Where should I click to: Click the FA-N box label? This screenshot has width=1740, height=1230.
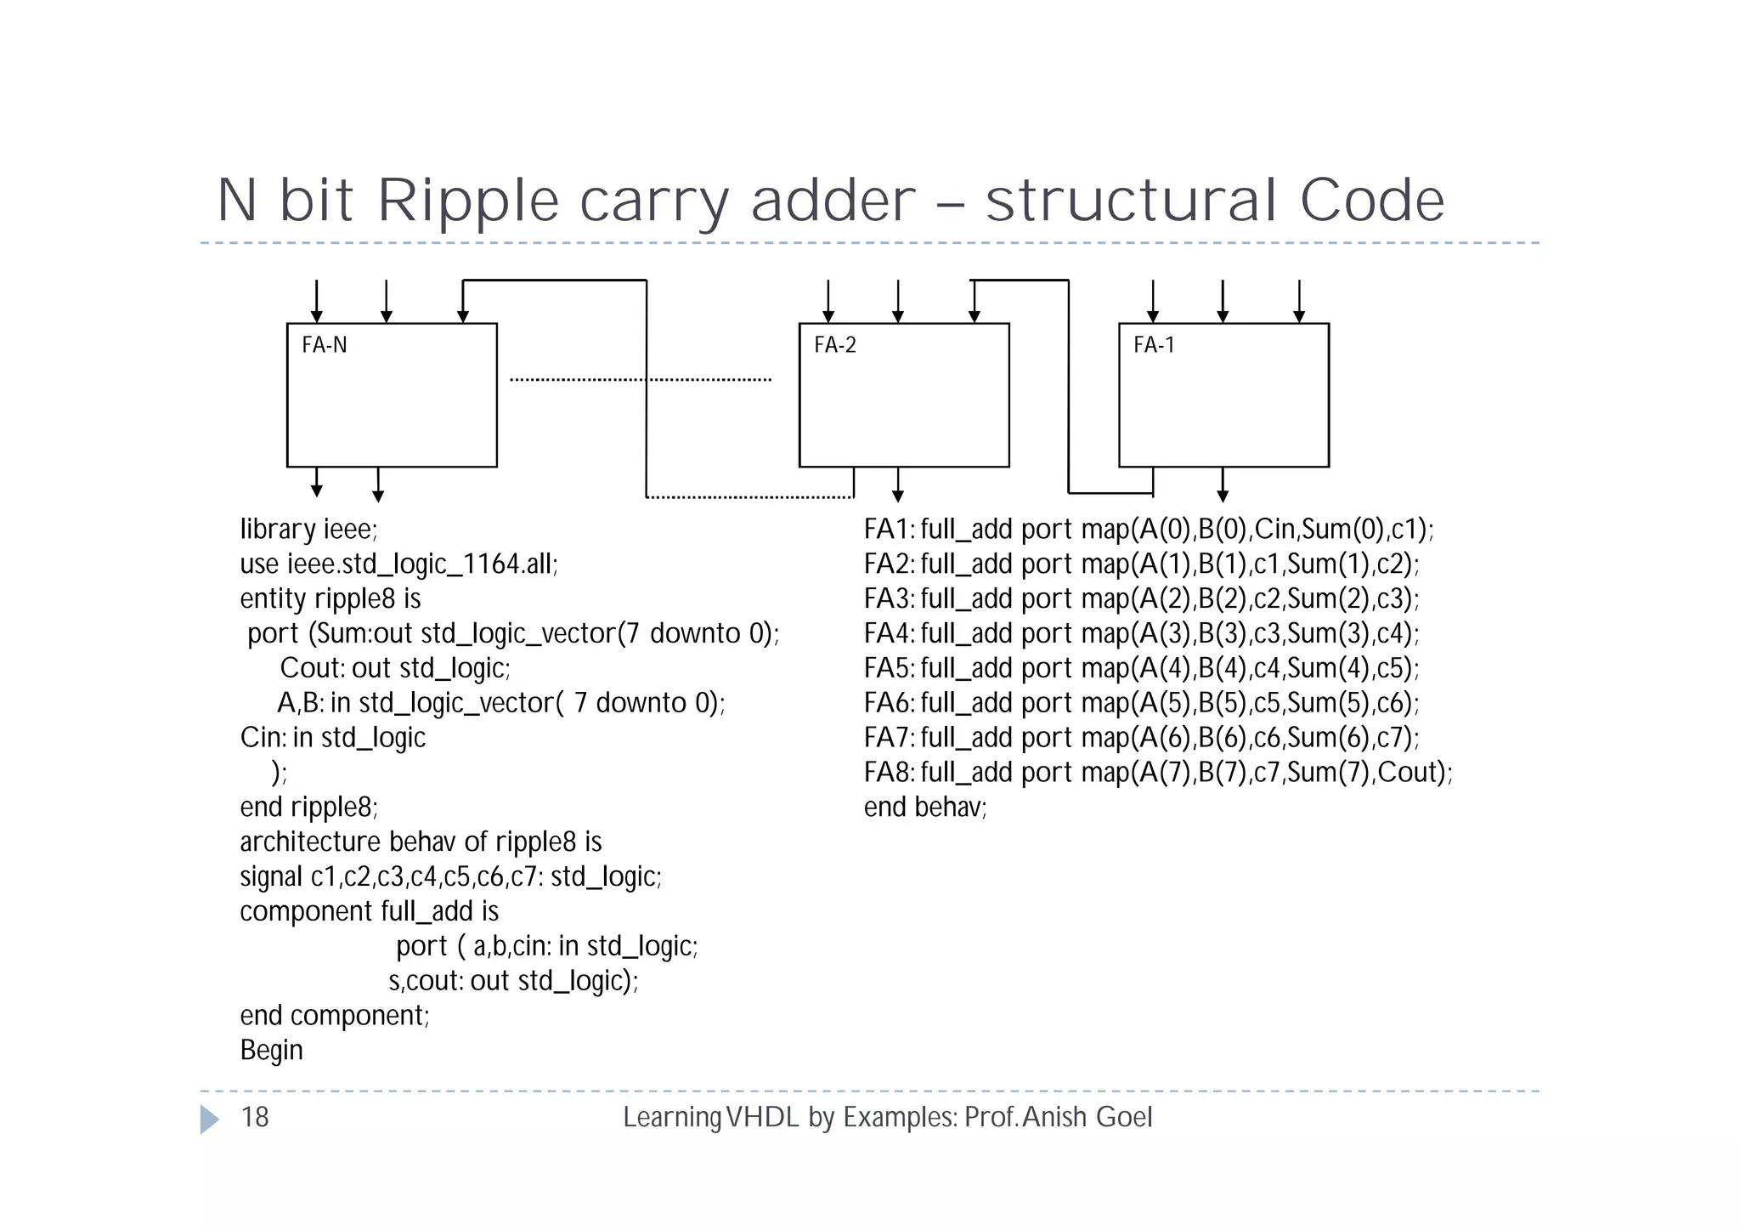pyautogui.click(x=324, y=345)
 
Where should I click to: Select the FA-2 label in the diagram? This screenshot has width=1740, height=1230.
pyautogui.click(x=834, y=345)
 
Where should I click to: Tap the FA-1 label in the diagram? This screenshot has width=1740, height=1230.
pyautogui.click(x=1153, y=345)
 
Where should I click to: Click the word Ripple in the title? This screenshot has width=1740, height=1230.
pyautogui.click(x=467, y=201)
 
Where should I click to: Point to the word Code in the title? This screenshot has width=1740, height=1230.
pyautogui.click(x=1371, y=201)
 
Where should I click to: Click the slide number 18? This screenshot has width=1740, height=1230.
pyautogui.click(x=255, y=1117)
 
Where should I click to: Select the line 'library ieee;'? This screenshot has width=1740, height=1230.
pyautogui.click(x=308, y=530)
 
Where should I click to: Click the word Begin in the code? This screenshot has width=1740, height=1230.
pyautogui.click(x=271, y=1051)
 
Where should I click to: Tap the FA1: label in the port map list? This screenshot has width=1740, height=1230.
pyautogui.click(x=889, y=530)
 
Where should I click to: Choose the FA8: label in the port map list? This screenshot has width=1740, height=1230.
pyautogui.click(x=889, y=773)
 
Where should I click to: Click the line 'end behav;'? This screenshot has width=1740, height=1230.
pyautogui.click(x=925, y=808)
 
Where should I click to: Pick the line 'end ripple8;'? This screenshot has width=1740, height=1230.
pyautogui.click(x=308, y=808)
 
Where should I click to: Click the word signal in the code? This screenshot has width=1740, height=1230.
pyautogui.click(x=271, y=876)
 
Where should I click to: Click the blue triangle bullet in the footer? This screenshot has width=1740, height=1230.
pyautogui.click(x=209, y=1119)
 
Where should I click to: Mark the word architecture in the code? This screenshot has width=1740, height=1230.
pyautogui.click(x=310, y=842)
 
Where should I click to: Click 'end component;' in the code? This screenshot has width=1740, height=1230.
pyautogui.click(x=335, y=1016)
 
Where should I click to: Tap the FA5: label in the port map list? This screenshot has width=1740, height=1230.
pyautogui.click(x=889, y=668)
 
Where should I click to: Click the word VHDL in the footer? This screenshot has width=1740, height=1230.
pyautogui.click(x=763, y=1117)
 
